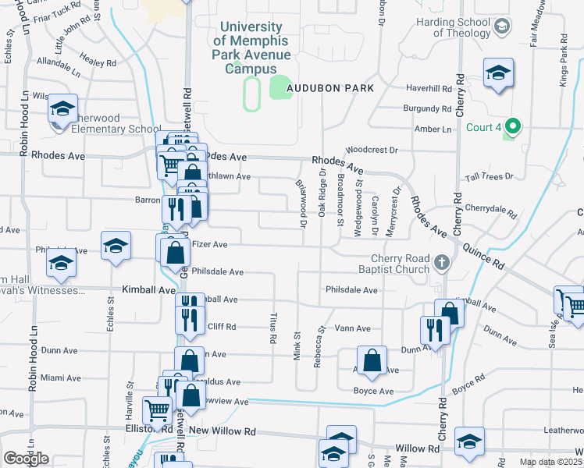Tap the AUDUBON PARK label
pyautogui.click(x=329, y=89)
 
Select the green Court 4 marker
pyautogui.click(x=513, y=126)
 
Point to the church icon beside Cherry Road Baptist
pyautogui.click(x=442, y=263)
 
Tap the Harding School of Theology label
pyautogui.click(x=452, y=27)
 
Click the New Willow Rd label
pyautogui.click(x=222, y=431)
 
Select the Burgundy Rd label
pyautogui.click(x=427, y=108)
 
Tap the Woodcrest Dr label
pyautogui.click(x=372, y=148)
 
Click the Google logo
pyautogui.click(x=26, y=458)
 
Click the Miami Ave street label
pyautogui.click(x=62, y=378)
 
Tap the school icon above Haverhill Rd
pyautogui.click(x=498, y=73)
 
